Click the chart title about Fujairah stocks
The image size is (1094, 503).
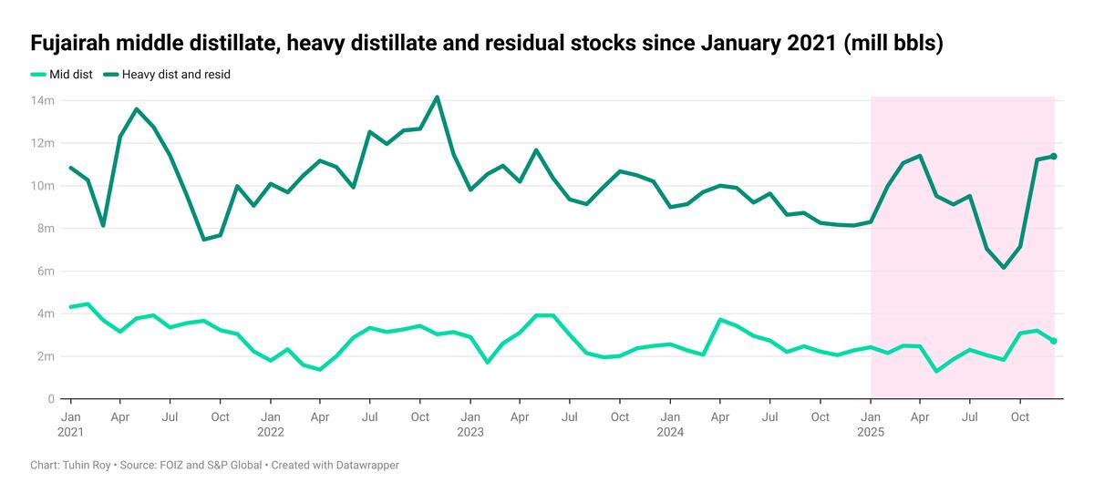point(487,43)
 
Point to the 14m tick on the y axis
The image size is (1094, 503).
point(43,101)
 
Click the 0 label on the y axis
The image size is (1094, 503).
point(51,399)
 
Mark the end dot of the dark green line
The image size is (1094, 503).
point(1054,157)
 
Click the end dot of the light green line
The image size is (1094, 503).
point(1054,341)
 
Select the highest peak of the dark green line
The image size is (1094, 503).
point(437,98)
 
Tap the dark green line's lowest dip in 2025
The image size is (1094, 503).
point(1004,268)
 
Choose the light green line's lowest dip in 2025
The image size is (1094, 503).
point(936,371)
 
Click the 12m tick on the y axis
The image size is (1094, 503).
point(43,144)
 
